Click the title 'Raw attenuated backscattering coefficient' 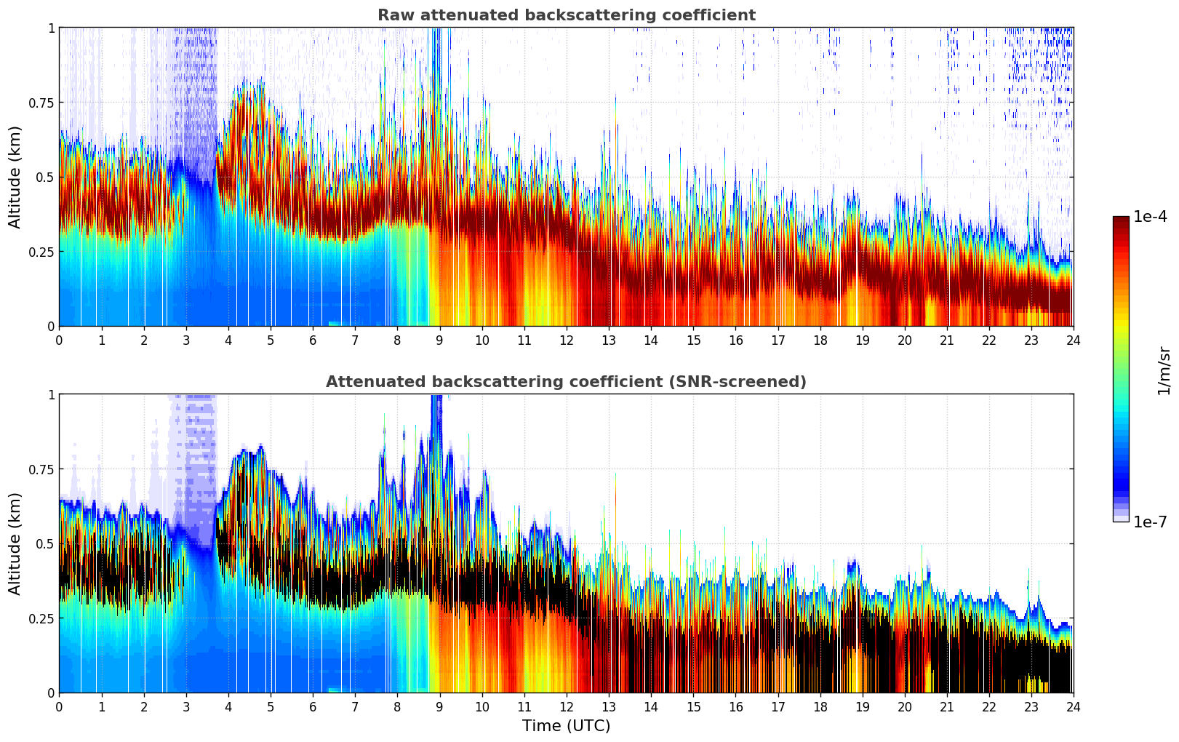pyautogui.click(x=566, y=15)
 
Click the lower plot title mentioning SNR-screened pyautogui.click(x=566, y=382)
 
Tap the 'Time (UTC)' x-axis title pyautogui.click(x=566, y=726)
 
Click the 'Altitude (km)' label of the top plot pyautogui.click(x=15, y=177)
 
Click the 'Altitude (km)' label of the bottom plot pyautogui.click(x=15, y=543)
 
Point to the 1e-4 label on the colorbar pyautogui.click(x=1150, y=217)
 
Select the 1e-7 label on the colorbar pyautogui.click(x=1150, y=522)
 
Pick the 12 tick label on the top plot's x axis pyautogui.click(x=566, y=340)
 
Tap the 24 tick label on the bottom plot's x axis pyautogui.click(x=1073, y=706)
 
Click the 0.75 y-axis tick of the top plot pyautogui.click(x=41, y=103)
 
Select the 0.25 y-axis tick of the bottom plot pyautogui.click(x=41, y=618)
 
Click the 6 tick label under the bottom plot pyautogui.click(x=313, y=706)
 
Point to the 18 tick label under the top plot pyautogui.click(x=820, y=340)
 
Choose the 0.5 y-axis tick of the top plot pyautogui.click(x=45, y=177)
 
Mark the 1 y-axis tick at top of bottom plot pyautogui.click(x=51, y=395)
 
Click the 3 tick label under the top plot pyautogui.click(x=186, y=340)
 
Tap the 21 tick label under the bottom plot pyautogui.click(x=946, y=706)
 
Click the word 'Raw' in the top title pyautogui.click(x=393, y=15)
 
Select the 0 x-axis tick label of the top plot pyautogui.click(x=60, y=340)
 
